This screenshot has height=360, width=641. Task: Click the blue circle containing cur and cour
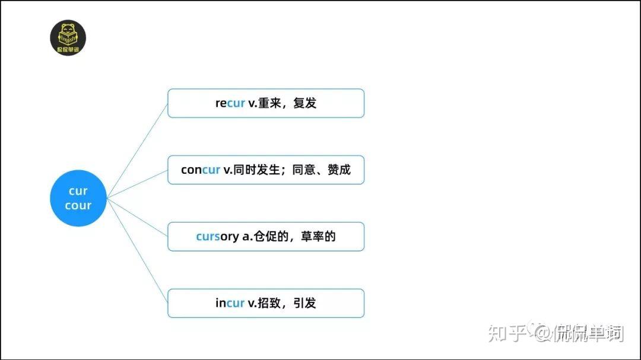pyautogui.click(x=78, y=198)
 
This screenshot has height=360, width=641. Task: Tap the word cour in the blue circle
pyautogui.click(x=78, y=206)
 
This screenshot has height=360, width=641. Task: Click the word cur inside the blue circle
pyautogui.click(x=78, y=191)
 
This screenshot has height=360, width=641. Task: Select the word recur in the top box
pyautogui.click(x=230, y=103)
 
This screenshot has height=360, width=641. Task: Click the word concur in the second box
pyautogui.click(x=201, y=170)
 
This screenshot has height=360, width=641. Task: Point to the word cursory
pyautogui.click(x=217, y=237)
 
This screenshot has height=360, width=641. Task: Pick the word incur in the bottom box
pyautogui.click(x=230, y=303)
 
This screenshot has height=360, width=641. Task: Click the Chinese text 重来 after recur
pyautogui.click(x=268, y=103)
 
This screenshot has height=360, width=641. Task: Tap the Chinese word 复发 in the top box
pyautogui.click(x=304, y=103)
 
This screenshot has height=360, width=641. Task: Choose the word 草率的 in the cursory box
pyautogui.click(x=318, y=237)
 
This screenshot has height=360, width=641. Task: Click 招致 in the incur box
pyautogui.click(x=268, y=303)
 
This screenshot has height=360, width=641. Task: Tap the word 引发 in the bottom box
pyautogui.click(x=304, y=303)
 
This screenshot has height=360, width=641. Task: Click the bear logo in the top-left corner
pyautogui.click(x=68, y=38)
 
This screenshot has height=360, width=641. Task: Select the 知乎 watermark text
pyautogui.click(x=507, y=333)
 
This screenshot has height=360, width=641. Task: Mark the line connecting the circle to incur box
pyautogui.click(x=137, y=250)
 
